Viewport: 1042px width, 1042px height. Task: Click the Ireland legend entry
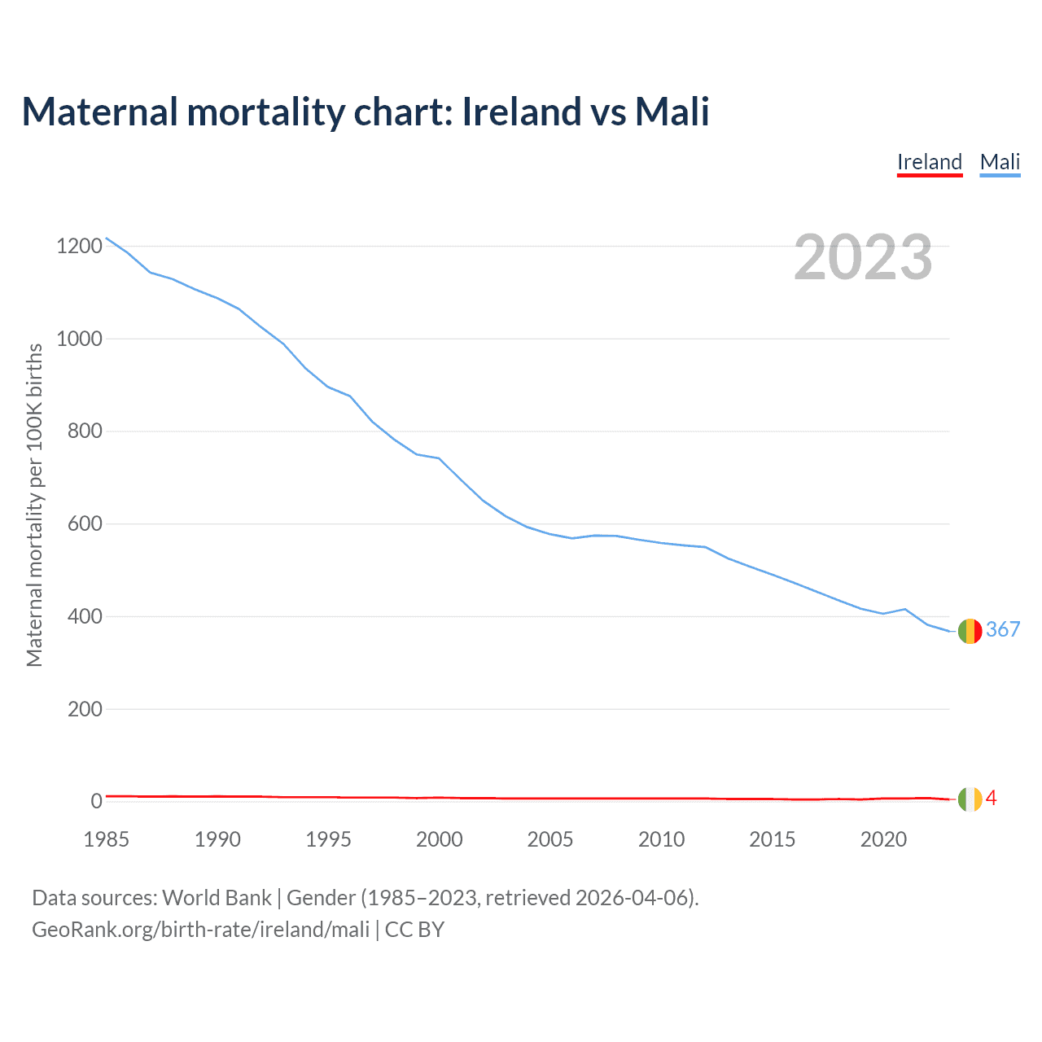(x=930, y=162)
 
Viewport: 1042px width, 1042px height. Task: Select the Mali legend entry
(x=1000, y=162)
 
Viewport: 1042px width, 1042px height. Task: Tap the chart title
(x=366, y=112)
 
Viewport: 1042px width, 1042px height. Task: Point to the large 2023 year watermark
(x=863, y=257)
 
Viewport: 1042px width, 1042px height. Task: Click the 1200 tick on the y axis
(x=79, y=246)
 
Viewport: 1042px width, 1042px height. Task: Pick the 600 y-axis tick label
(x=85, y=523)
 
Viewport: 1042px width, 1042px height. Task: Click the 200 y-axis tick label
(x=85, y=709)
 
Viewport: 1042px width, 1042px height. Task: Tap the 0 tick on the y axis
(x=97, y=801)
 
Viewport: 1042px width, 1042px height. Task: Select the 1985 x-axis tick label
(x=107, y=839)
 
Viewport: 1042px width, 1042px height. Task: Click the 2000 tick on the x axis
(x=440, y=839)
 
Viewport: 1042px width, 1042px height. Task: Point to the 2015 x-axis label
(x=773, y=839)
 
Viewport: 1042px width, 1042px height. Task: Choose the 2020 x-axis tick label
(x=883, y=839)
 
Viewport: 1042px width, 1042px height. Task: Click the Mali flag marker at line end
(x=970, y=631)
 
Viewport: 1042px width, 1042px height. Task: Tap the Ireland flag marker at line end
(x=970, y=799)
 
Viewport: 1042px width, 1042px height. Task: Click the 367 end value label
(x=1003, y=629)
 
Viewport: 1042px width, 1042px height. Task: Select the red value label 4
(x=992, y=798)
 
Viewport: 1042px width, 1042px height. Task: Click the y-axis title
(x=34, y=505)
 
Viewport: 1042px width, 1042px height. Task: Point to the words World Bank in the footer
(x=217, y=898)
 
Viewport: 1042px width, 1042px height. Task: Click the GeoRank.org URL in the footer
(x=200, y=930)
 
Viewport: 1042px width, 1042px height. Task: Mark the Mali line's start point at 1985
(x=107, y=238)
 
